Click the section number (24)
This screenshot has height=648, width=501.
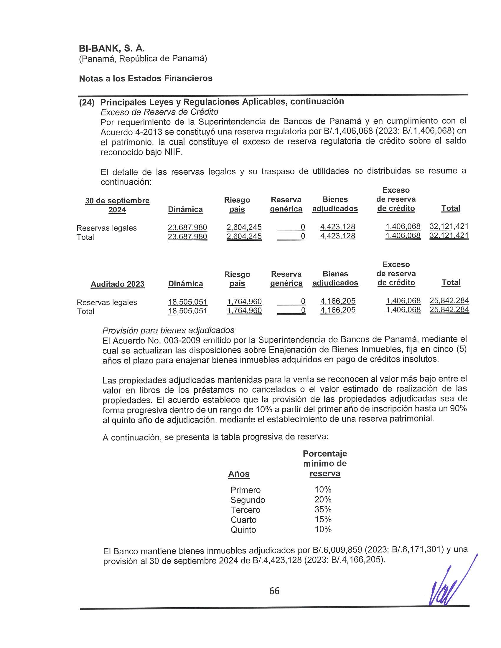(x=87, y=103)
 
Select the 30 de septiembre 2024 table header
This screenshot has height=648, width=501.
(x=117, y=205)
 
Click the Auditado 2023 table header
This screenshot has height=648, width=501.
(x=118, y=284)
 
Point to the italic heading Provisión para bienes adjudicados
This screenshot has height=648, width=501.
(x=168, y=330)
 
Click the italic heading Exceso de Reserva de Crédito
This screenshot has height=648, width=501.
(x=159, y=112)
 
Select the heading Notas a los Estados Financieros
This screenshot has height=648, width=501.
(x=146, y=78)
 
